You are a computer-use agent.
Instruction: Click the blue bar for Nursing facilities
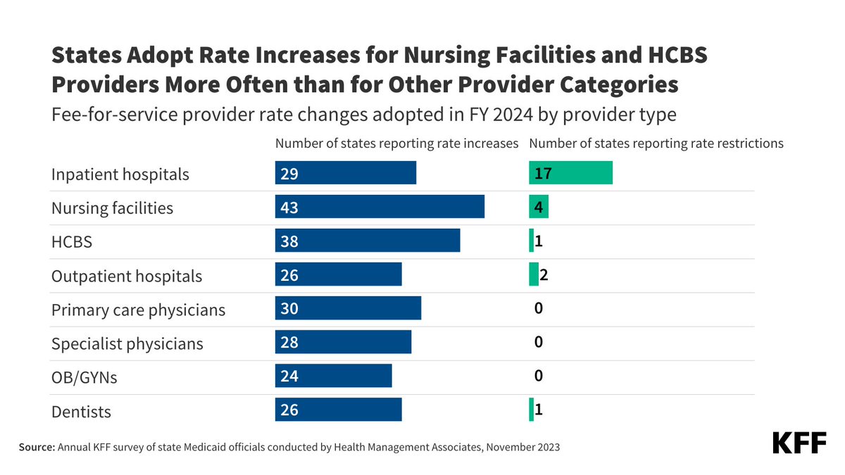pyautogui.click(x=380, y=207)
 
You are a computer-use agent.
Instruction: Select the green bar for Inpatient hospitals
pyautogui.click(x=570, y=173)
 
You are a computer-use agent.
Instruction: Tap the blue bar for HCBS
pyautogui.click(x=368, y=241)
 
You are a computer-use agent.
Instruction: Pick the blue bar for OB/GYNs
pyautogui.click(x=333, y=376)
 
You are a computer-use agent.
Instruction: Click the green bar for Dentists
pyautogui.click(x=532, y=410)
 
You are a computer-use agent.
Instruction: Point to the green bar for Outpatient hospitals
pyautogui.click(x=534, y=274)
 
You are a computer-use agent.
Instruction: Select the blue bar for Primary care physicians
pyautogui.click(x=348, y=308)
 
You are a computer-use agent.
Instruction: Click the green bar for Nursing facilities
pyautogui.click(x=539, y=207)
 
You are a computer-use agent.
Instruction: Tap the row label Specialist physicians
pyautogui.click(x=127, y=344)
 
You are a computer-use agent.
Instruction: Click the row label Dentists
pyautogui.click(x=81, y=412)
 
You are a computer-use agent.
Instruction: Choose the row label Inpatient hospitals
pyautogui.click(x=120, y=175)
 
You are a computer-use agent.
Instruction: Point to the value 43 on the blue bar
pyautogui.click(x=289, y=208)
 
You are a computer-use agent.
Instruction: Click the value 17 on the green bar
pyautogui.click(x=543, y=173)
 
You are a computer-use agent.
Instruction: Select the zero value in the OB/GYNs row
pyautogui.click(x=539, y=376)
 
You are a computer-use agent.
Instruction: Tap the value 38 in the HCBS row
pyautogui.click(x=289, y=241)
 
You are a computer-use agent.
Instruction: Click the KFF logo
pyautogui.click(x=799, y=443)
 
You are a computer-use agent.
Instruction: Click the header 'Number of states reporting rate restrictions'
pyautogui.click(x=656, y=144)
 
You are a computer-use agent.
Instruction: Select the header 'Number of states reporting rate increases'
pyautogui.click(x=396, y=144)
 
